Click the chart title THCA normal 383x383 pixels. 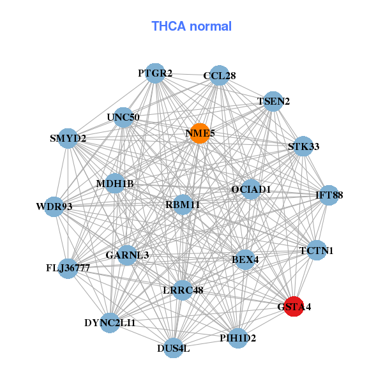click(191, 26)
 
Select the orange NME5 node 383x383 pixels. click(200, 133)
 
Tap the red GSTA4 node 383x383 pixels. click(294, 306)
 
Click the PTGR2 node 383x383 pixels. click(155, 73)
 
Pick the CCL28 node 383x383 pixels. click(220, 75)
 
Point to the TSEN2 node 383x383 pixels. click(273, 101)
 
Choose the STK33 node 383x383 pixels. click(303, 146)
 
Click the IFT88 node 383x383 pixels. click(329, 195)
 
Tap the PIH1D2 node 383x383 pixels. click(237, 338)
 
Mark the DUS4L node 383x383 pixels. click(174, 348)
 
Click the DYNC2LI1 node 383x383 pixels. click(110, 323)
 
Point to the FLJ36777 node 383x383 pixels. click(68, 267)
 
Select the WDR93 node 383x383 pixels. click(54, 206)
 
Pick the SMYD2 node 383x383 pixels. click(68, 138)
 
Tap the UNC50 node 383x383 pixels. click(123, 117)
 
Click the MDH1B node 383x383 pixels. click(115, 184)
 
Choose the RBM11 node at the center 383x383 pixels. click(183, 205)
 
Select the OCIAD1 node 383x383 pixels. click(251, 190)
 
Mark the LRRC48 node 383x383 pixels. click(183, 290)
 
